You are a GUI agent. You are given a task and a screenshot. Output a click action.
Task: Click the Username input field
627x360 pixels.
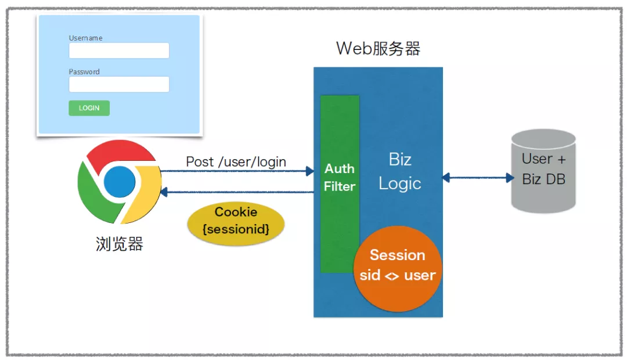pyautogui.click(x=119, y=51)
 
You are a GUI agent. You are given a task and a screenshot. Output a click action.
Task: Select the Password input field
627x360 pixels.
pyautogui.click(x=119, y=85)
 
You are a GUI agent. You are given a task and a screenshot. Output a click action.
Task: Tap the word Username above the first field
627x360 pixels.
pyautogui.click(x=85, y=38)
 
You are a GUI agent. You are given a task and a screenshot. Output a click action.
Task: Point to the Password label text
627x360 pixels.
pyautogui.click(x=84, y=72)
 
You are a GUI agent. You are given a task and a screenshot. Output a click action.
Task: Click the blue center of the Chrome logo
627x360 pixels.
pyautogui.click(x=119, y=182)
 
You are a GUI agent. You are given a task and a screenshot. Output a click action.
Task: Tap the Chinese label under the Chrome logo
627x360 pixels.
pyautogui.click(x=119, y=244)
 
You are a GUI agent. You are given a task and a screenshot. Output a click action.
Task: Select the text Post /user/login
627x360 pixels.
pyautogui.click(x=236, y=162)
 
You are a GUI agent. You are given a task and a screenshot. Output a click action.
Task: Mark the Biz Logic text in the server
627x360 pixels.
pyautogui.click(x=399, y=172)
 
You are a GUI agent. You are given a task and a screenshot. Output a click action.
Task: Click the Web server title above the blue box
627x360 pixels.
pyautogui.click(x=378, y=49)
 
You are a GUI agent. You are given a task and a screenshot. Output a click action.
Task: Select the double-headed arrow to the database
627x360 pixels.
pyautogui.click(x=477, y=177)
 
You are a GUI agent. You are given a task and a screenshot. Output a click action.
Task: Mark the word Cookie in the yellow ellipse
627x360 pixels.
pyautogui.click(x=236, y=212)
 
